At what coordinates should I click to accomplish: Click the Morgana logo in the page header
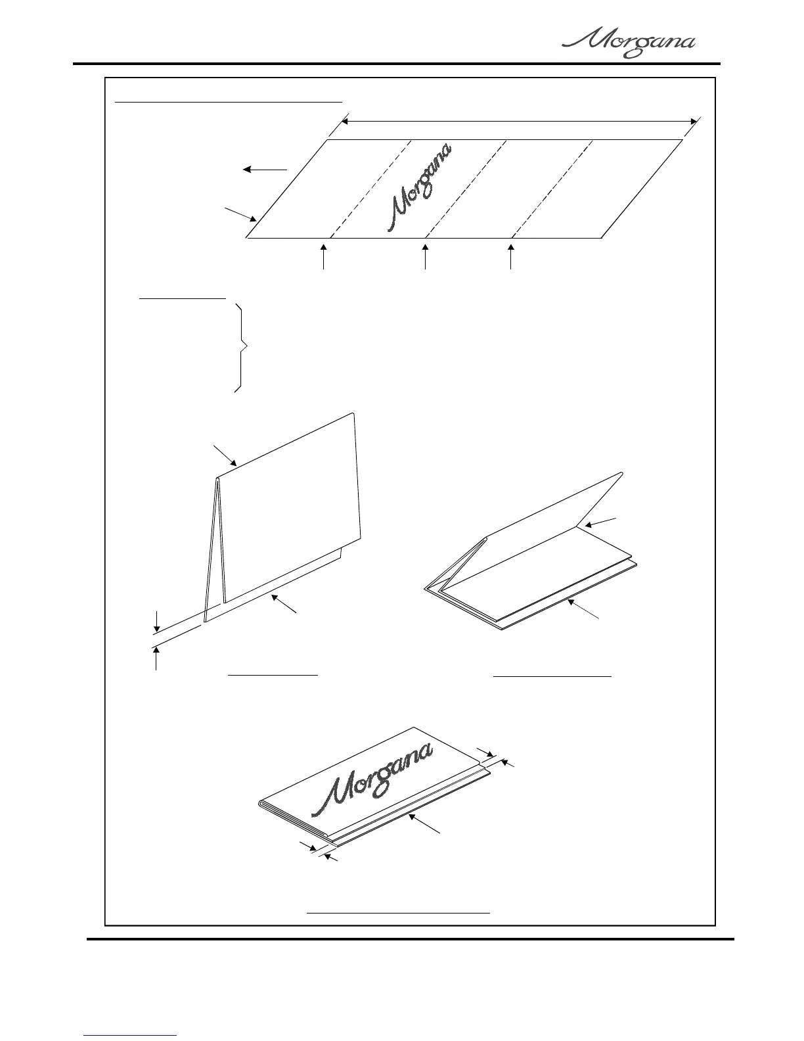point(629,45)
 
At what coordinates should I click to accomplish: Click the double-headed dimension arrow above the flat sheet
point(519,121)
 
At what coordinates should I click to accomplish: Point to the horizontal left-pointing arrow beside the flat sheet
point(265,170)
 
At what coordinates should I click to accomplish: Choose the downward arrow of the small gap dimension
point(156,621)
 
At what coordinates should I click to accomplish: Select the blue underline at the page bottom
point(131,1036)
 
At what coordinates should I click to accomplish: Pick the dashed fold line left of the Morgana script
point(370,189)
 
